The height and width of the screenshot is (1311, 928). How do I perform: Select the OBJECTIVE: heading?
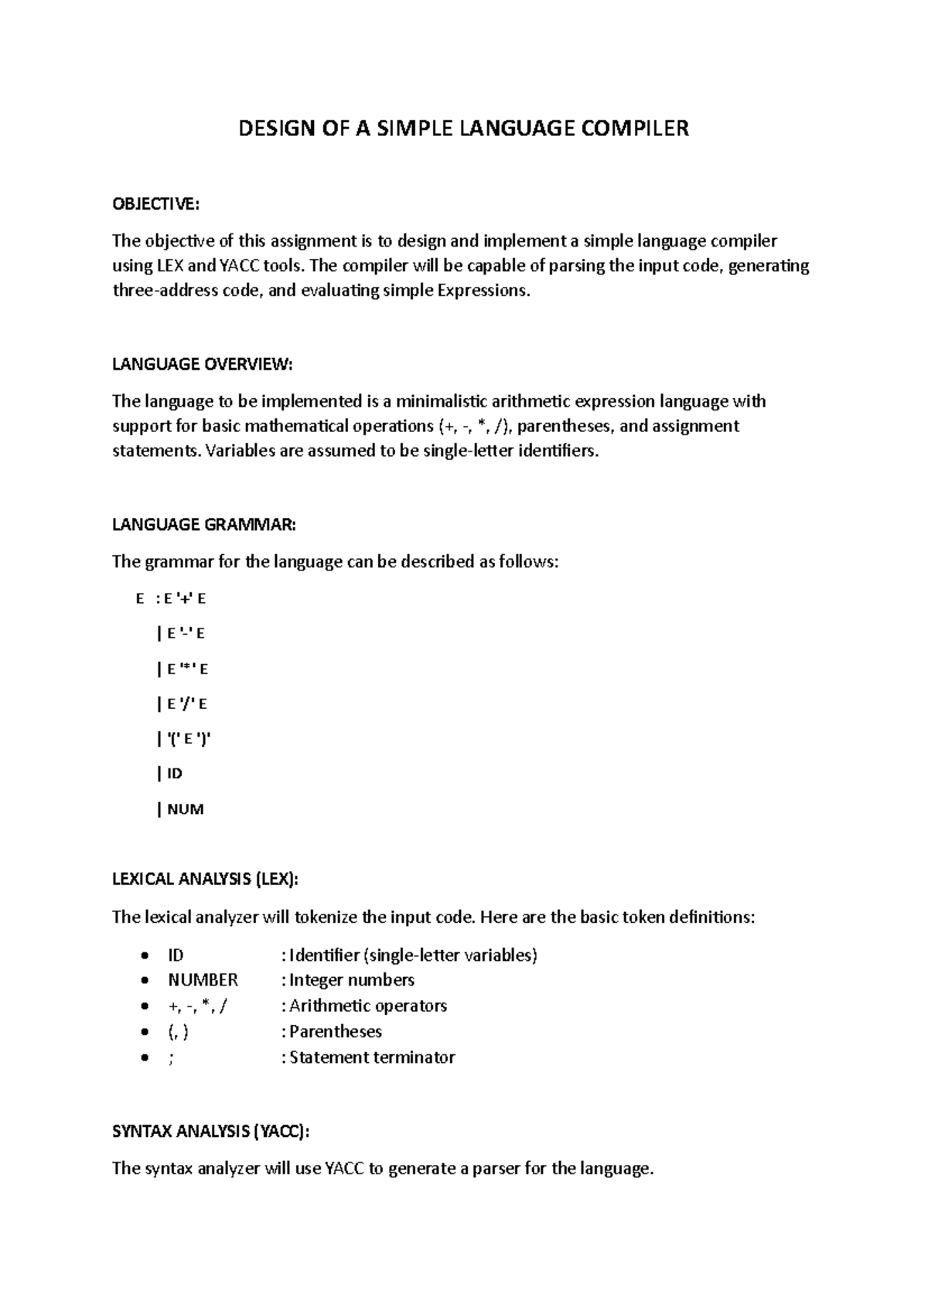click(x=155, y=204)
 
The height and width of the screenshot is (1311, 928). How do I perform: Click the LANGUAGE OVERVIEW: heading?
click(x=203, y=364)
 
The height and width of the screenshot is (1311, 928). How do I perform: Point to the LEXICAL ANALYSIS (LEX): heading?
click(x=205, y=879)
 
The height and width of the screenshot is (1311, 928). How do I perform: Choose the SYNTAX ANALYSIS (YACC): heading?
click(x=210, y=1132)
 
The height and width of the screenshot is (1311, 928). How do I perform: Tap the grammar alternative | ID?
click(x=170, y=774)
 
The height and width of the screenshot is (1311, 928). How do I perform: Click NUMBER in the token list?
click(x=203, y=980)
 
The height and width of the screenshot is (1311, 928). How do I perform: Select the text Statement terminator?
click(x=372, y=1057)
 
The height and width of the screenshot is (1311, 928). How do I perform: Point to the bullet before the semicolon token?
click(x=144, y=1058)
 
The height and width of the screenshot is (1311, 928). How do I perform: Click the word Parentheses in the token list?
click(x=336, y=1032)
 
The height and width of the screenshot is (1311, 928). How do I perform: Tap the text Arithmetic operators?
click(x=368, y=1006)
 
